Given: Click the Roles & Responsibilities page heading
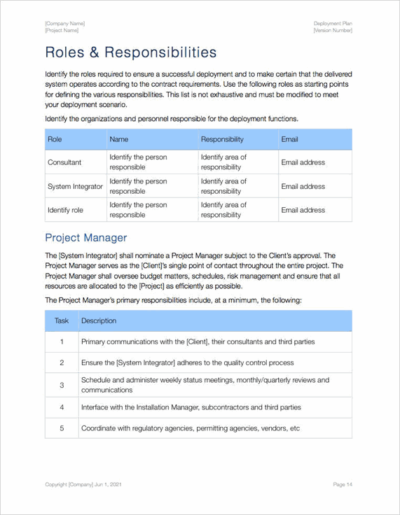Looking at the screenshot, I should tap(130, 52).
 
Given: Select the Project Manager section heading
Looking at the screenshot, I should tap(85, 237).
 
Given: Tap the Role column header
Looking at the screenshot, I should tap(55, 139).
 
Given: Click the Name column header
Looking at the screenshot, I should tap(119, 139).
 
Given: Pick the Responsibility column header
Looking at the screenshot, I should tap(222, 139).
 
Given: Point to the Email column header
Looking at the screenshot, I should tap(289, 139).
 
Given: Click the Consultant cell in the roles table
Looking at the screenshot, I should tap(64, 162).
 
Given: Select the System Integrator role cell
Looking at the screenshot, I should tap(75, 186).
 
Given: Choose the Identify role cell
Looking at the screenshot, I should tap(65, 210).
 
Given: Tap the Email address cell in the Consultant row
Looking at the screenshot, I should tap(303, 162).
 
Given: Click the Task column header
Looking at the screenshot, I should tap(62, 320).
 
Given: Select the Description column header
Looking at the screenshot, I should tap(99, 320).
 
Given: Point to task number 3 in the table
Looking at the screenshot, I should tap(62, 385).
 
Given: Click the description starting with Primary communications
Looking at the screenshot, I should tap(198, 341).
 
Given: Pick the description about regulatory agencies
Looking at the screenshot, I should tap(190, 428).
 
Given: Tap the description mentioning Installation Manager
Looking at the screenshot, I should tap(191, 407).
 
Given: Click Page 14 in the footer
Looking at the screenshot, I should tap(343, 484).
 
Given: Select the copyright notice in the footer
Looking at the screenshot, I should tap(83, 484).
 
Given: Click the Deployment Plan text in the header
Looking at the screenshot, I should tap(333, 23).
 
